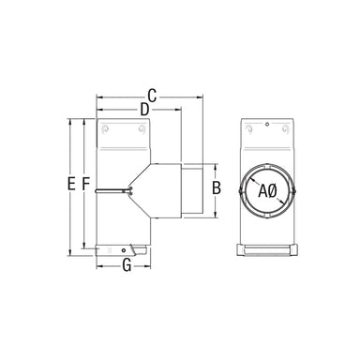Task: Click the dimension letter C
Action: coord(152,96)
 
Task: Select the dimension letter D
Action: coord(144,110)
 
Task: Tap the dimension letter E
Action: coord(71,184)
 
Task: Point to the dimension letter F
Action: coord(85,184)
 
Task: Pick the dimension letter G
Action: coord(127,265)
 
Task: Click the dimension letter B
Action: coord(217,187)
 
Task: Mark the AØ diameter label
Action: coord(268,191)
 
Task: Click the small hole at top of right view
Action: coord(267,125)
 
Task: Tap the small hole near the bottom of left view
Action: coord(124,249)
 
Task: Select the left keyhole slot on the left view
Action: coord(105,128)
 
